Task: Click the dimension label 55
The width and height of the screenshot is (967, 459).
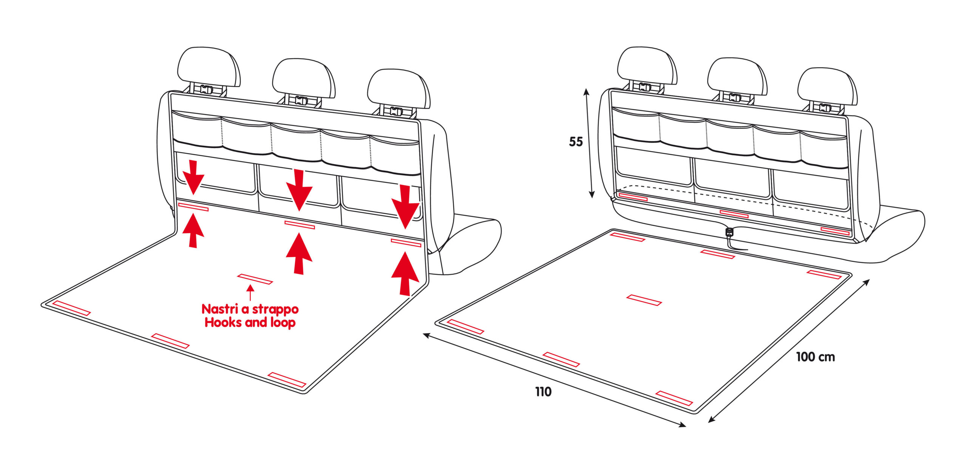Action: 576,142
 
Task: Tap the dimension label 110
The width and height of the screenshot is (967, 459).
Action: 543,392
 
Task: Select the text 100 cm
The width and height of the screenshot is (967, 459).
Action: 815,357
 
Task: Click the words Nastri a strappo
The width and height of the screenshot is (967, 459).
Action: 250,309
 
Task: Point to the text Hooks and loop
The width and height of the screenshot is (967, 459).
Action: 250,323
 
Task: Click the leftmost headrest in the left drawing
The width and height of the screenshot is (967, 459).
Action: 209,67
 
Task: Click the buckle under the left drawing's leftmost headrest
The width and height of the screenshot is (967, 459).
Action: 207,90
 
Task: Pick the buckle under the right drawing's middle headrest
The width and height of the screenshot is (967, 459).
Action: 735,97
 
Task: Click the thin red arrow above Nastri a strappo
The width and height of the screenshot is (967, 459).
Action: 250,292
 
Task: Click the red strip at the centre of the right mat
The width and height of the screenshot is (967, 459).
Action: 644,300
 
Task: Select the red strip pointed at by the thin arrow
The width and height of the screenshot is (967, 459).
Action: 255,279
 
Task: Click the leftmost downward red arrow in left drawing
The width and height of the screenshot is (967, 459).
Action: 193,177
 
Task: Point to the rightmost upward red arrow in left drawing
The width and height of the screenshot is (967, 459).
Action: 405,274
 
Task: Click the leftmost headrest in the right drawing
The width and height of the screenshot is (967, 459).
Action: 647,66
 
